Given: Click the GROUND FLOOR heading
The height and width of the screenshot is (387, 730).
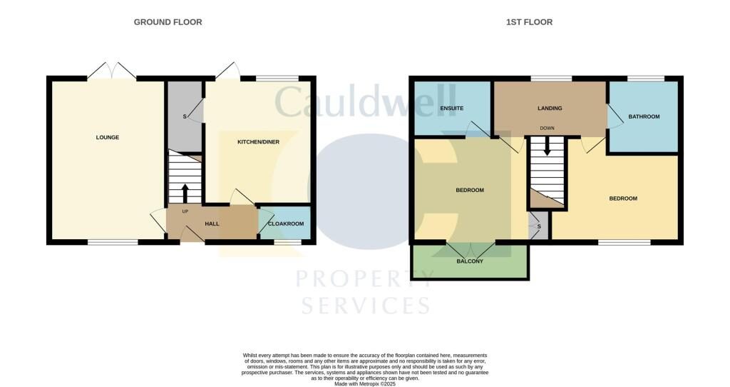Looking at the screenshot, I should (168, 22).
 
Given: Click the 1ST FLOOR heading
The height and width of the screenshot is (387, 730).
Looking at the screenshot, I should (529, 22).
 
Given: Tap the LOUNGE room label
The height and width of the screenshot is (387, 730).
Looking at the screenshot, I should (107, 137).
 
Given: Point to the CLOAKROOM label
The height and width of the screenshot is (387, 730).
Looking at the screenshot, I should (285, 223).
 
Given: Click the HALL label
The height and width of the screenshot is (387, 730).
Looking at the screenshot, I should (212, 223).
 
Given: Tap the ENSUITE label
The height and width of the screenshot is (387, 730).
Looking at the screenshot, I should (452, 109).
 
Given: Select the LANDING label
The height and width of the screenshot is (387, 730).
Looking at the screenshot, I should (550, 109).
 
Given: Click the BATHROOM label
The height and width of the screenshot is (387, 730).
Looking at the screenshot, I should (644, 116).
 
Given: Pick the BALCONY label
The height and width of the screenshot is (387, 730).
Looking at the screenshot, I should (470, 261).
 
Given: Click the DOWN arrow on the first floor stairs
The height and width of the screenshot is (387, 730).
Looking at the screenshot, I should (547, 147).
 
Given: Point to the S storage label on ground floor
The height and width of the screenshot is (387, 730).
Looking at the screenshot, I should (185, 116).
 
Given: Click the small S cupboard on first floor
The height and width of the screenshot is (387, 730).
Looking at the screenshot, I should (539, 226).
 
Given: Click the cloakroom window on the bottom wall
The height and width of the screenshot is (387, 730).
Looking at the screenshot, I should (287, 243).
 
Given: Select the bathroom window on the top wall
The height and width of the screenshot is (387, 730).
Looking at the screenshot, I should (645, 78).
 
